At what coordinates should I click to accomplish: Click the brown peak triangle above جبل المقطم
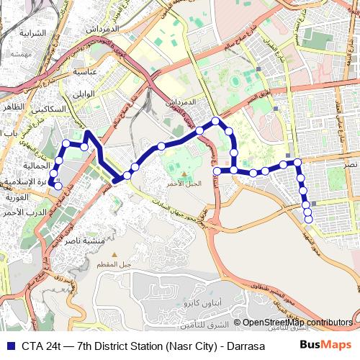point(113,255)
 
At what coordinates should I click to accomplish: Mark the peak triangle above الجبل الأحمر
point(184,174)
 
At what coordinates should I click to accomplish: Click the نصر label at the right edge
point(351,165)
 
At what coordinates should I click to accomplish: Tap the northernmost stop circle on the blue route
point(215,120)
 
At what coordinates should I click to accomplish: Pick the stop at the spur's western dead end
point(217,171)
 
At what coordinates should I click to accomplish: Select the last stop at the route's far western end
point(58,186)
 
